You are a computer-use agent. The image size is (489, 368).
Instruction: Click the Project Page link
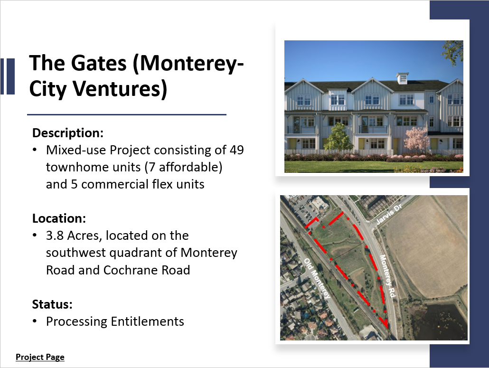pos(40,357)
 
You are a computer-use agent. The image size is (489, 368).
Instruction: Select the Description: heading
pos(68,132)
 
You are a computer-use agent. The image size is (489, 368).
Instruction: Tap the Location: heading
pos(59,218)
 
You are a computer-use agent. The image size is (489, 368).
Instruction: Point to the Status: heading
pos(52,304)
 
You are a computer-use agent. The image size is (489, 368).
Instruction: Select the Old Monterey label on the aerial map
pos(317,279)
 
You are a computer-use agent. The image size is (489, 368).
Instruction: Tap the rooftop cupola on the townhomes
pos(402,78)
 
